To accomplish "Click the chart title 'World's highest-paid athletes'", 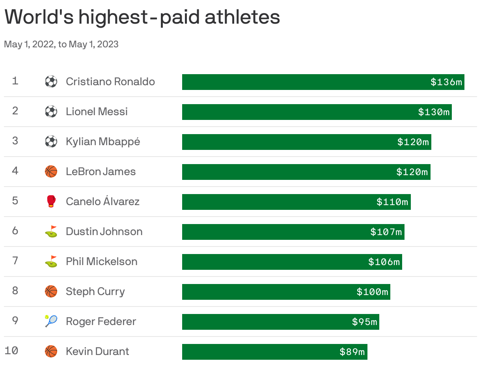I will pyautogui.click(x=142, y=18).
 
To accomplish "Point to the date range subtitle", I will pyautogui.click(x=61, y=44).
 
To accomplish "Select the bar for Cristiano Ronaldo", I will pyautogui.click(x=304, y=82).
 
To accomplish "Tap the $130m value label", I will pyautogui.click(x=434, y=112).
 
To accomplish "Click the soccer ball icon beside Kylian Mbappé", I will pyautogui.click(x=51, y=142).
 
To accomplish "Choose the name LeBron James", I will pyautogui.click(x=101, y=172).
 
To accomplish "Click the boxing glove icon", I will pyautogui.click(x=51, y=201).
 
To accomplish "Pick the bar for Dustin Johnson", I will pyautogui.click(x=276, y=232).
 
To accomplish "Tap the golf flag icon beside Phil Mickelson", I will pyautogui.click(x=51, y=262).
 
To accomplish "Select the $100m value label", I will pyautogui.click(x=372, y=292).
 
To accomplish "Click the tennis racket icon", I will pyautogui.click(x=51, y=321).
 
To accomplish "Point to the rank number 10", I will pyautogui.click(x=12, y=350).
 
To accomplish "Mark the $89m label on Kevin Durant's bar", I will pyautogui.click(x=352, y=352).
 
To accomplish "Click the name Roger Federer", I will pyautogui.click(x=101, y=321).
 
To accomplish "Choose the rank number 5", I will pyautogui.click(x=15, y=201).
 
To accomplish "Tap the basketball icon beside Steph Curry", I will pyautogui.click(x=51, y=292).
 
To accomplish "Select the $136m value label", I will pyautogui.click(x=446, y=82).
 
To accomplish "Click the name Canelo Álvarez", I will pyautogui.click(x=103, y=202).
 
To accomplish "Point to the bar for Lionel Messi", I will pyautogui.click(x=296, y=112).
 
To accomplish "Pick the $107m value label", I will pyautogui.click(x=386, y=232).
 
